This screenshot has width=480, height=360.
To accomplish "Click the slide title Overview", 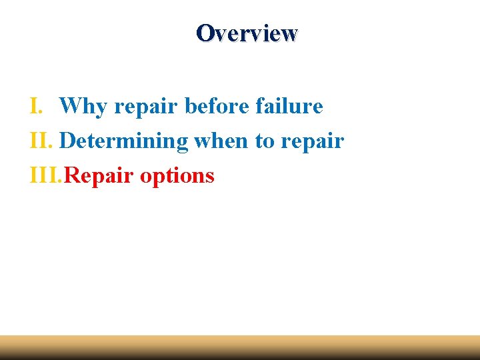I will point(247,33).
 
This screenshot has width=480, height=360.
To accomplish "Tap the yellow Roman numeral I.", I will point(36,105).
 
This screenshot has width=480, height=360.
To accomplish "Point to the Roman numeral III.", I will point(47,175).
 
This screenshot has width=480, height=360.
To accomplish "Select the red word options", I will point(177,177).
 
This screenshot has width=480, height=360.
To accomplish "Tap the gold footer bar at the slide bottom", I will point(240,347).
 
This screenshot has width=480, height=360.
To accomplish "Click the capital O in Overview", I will point(205,33).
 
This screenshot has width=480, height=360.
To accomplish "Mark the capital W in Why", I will point(70,106).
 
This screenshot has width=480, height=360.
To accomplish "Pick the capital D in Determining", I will point(67,141).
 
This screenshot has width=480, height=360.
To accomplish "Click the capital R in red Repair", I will point(75,175).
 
